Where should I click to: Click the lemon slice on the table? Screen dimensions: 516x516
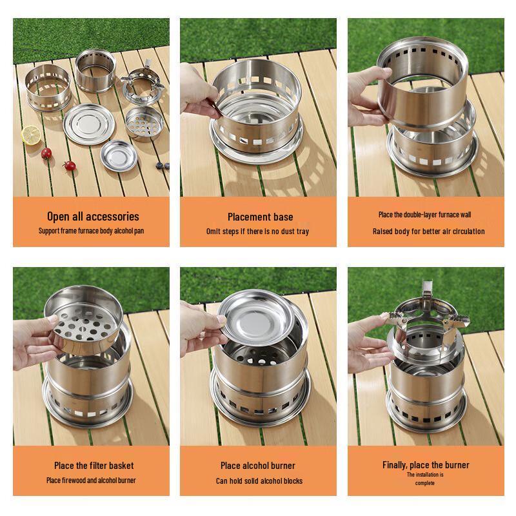(x=30, y=135)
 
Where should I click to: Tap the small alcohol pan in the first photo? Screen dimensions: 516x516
(x=119, y=155)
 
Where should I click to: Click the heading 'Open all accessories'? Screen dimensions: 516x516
(x=92, y=217)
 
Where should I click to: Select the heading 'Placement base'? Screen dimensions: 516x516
(x=260, y=217)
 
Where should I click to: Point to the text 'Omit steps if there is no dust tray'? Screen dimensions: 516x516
(x=257, y=232)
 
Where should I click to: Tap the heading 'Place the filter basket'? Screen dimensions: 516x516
(x=94, y=465)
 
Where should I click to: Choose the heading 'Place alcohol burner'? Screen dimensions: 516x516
(x=258, y=466)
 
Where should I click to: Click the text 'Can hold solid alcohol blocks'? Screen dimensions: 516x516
(x=259, y=481)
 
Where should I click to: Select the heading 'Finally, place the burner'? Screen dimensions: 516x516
(x=426, y=465)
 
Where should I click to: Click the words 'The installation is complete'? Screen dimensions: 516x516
(x=425, y=478)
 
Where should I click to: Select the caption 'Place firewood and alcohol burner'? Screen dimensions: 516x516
(x=91, y=481)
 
